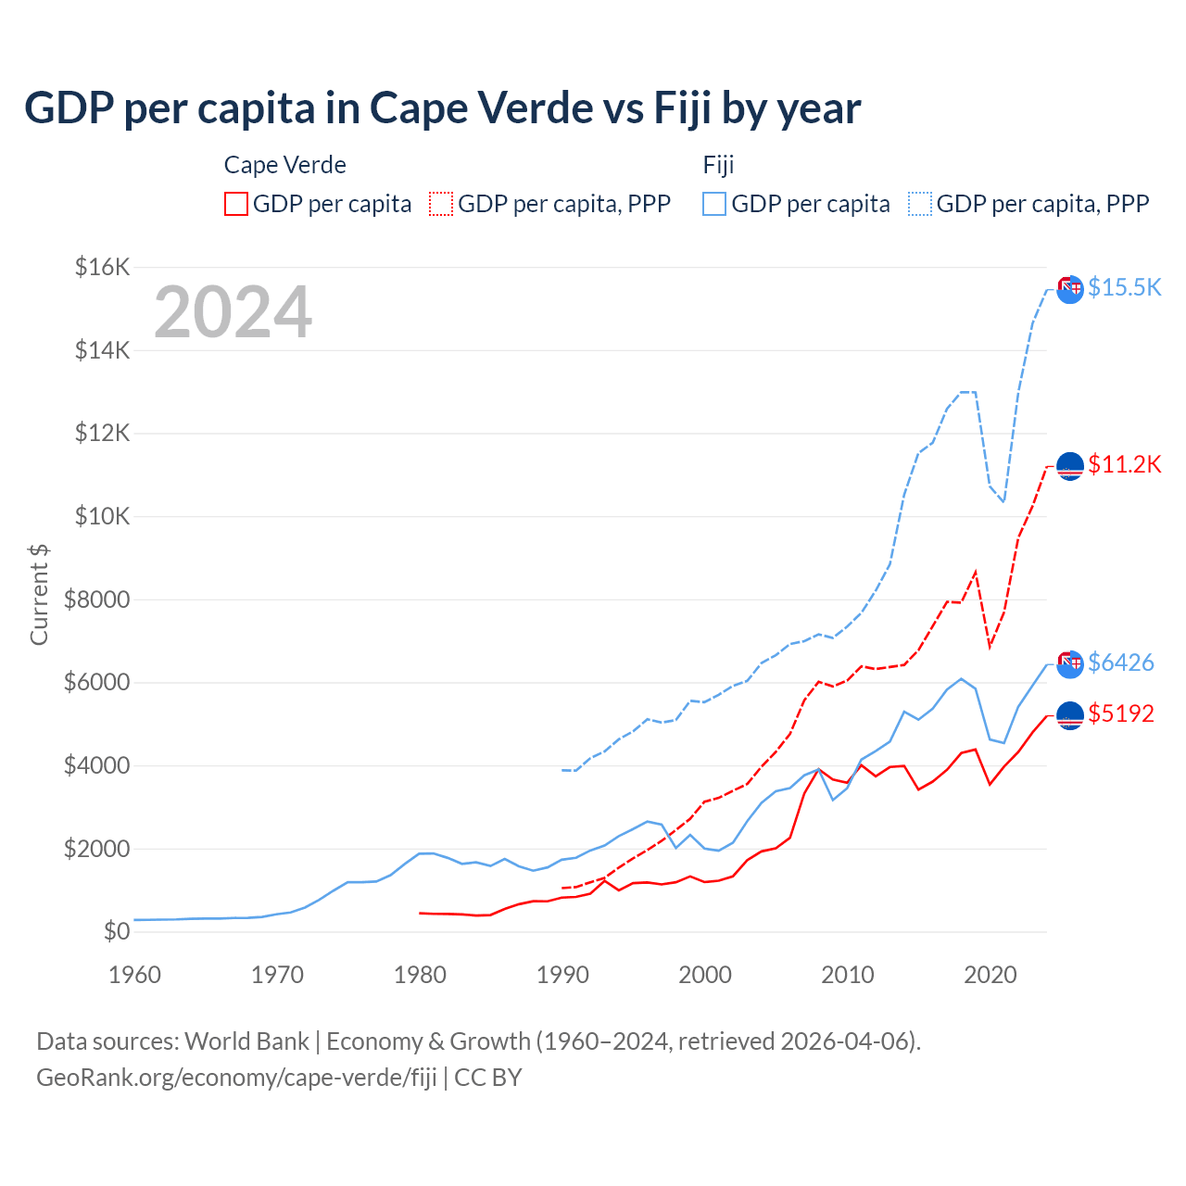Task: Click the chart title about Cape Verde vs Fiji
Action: point(442,108)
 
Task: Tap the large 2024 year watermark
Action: point(233,312)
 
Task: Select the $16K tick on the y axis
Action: point(102,268)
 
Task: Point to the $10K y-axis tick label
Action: point(102,516)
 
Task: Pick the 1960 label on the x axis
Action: point(134,975)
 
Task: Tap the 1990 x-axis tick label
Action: point(562,975)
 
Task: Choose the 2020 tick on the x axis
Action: point(990,975)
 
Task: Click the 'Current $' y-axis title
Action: point(39,595)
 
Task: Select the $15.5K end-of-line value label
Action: point(1124,287)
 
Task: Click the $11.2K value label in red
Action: point(1124,464)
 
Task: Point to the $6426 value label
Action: point(1121,662)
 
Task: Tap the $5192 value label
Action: point(1121,713)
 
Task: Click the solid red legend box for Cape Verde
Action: point(236,204)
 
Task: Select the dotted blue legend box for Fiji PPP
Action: point(920,204)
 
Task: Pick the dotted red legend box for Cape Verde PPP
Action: point(441,204)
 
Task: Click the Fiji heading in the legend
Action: point(718,165)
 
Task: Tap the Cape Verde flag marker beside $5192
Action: point(1070,715)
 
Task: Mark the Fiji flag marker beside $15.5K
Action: point(1070,289)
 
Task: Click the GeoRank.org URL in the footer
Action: point(236,1078)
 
